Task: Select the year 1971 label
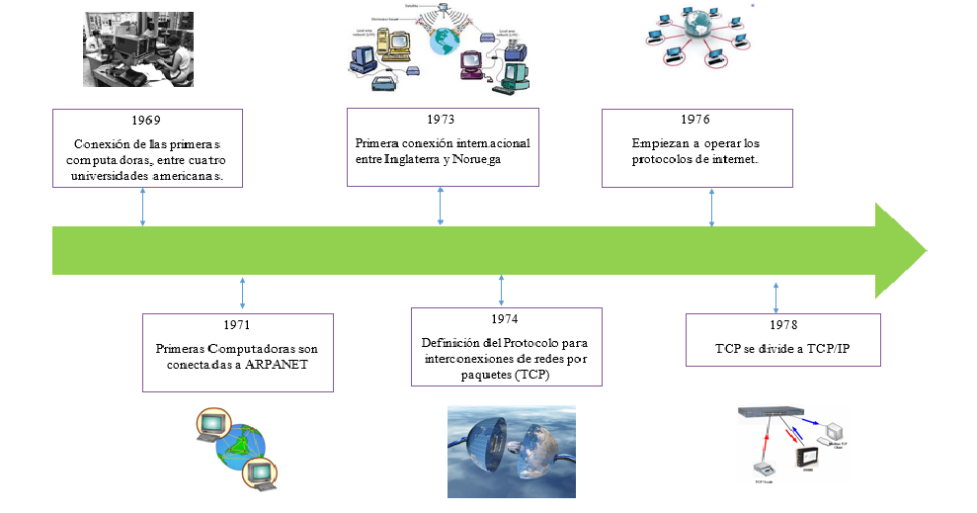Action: click(x=238, y=325)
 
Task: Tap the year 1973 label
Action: click(x=442, y=120)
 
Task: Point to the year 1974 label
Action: click(x=504, y=319)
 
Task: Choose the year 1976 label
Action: click(x=695, y=120)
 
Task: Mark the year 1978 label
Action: click(x=783, y=325)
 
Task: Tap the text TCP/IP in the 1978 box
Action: click(x=824, y=349)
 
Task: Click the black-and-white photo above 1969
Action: click(x=138, y=49)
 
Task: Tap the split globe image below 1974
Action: click(x=512, y=451)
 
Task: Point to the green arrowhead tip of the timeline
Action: click(x=923, y=250)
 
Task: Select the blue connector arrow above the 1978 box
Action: click(x=775, y=298)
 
